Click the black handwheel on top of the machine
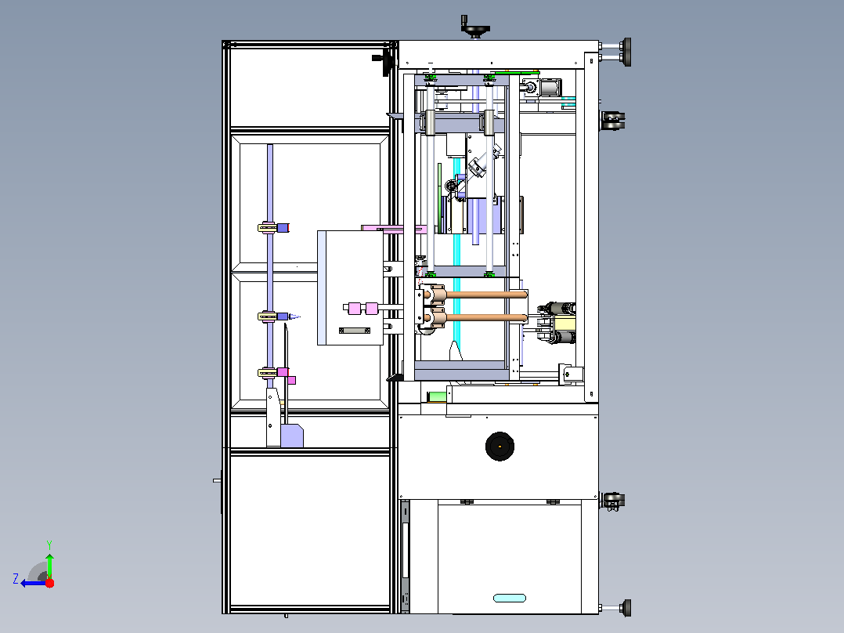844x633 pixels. click(x=474, y=27)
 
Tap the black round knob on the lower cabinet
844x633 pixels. click(x=500, y=446)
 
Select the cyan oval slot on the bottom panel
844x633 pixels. click(x=509, y=598)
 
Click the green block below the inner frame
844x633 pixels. click(x=437, y=396)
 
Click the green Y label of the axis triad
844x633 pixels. click(x=49, y=544)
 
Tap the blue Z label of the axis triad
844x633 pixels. click(x=16, y=579)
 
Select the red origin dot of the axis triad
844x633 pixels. click(x=49, y=583)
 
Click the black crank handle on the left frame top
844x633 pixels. click(x=383, y=61)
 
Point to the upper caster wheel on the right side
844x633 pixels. click(x=614, y=121)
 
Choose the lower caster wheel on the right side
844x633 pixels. click(x=613, y=501)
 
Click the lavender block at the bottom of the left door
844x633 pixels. click(x=292, y=436)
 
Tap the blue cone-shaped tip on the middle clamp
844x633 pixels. click(x=295, y=316)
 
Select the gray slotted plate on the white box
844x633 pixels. click(x=354, y=331)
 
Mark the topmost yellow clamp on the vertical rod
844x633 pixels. click(x=267, y=228)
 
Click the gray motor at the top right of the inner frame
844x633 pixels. click(x=549, y=87)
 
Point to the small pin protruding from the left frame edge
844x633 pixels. click(x=217, y=480)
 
